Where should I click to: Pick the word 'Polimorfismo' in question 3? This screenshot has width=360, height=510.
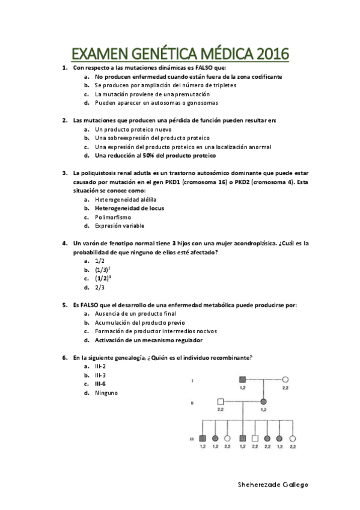(x=113, y=217)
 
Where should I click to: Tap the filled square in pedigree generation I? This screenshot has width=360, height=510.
(x=243, y=379)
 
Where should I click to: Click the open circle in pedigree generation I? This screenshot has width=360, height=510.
(x=285, y=379)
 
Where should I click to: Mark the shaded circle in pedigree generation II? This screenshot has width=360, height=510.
(x=263, y=401)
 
